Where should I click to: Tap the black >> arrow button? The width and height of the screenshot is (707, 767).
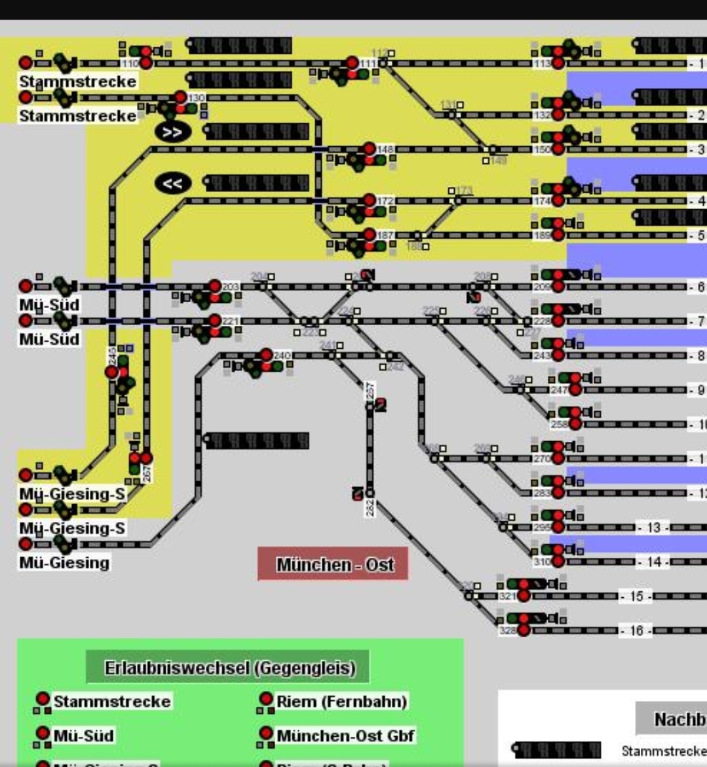[172, 132]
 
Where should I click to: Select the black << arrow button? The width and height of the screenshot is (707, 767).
[172, 183]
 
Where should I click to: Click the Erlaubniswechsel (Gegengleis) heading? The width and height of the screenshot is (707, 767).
[230, 668]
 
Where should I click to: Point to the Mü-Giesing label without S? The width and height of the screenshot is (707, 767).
[64, 562]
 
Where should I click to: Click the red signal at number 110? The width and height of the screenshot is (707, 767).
[146, 63]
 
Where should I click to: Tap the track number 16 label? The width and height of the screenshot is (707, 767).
[636, 631]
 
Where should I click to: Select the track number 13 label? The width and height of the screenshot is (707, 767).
[653, 528]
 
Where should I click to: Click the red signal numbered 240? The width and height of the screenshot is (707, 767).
[266, 355]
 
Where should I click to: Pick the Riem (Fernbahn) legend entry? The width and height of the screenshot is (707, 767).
[341, 701]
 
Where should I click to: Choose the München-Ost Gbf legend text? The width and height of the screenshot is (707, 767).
[345, 736]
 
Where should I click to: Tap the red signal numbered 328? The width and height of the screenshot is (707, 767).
[524, 631]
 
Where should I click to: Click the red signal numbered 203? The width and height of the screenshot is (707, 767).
[215, 286]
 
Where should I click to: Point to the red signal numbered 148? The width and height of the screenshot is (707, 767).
[370, 149]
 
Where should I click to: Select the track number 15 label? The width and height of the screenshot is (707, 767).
[636, 597]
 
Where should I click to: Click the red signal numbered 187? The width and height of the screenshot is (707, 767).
[370, 235]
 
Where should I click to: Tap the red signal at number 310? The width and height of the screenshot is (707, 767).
[558, 562]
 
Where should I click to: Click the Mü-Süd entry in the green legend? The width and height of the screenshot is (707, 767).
[83, 736]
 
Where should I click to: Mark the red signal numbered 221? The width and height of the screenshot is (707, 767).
[215, 321]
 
